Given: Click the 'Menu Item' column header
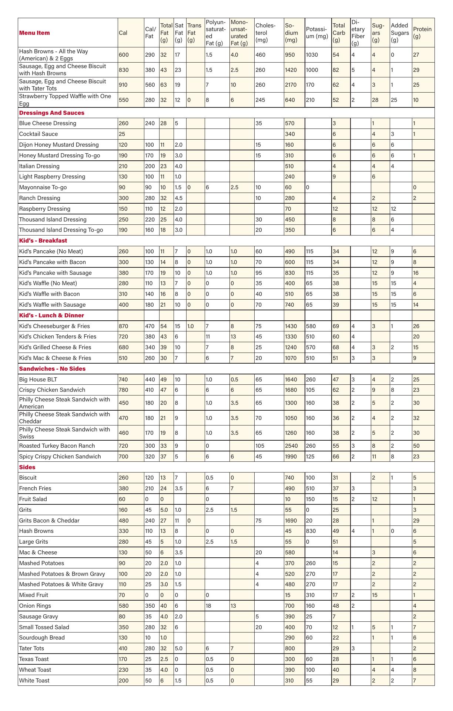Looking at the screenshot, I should click(x=34, y=33).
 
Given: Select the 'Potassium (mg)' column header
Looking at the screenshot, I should click(x=317, y=33).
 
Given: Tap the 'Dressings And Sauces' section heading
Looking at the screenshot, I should click(x=52, y=113).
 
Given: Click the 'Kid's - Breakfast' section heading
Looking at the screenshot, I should click(x=43, y=241).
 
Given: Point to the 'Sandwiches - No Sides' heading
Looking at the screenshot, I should click(x=52, y=369).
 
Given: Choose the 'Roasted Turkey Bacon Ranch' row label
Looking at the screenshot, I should click(x=57, y=446).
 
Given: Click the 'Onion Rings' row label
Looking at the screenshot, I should click(x=35, y=606).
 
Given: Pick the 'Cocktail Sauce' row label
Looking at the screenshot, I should click(x=38, y=134).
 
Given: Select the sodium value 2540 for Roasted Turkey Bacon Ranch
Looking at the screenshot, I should click(x=291, y=446).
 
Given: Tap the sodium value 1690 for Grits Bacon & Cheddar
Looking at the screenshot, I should click(x=291, y=521).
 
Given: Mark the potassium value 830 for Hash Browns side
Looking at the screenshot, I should click(x=311, y=531).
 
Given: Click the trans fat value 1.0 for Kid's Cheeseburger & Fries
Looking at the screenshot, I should click(x=191, y=326).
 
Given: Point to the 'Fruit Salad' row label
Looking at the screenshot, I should click(x=33, y=499).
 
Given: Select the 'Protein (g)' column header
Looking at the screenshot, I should click(x=422, y=33).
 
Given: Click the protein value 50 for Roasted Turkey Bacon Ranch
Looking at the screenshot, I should click(x=416, y=446).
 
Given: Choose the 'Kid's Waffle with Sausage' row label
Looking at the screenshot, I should click(x=52, y=305).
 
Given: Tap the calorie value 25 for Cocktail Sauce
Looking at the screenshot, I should click(x=122, y=134).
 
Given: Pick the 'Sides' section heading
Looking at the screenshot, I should click(x=27, y=467).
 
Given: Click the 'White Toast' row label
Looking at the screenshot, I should click(x=34, y=681).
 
